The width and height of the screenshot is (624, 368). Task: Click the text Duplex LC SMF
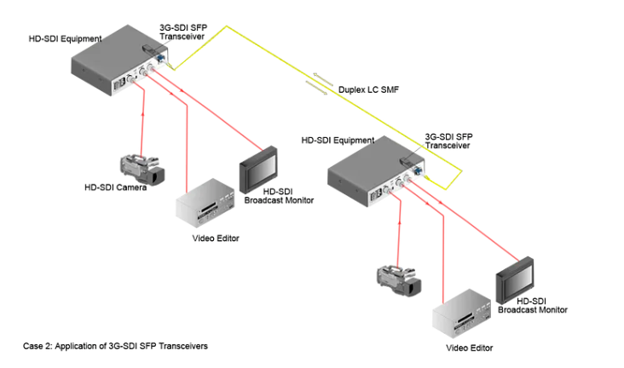[368, 89]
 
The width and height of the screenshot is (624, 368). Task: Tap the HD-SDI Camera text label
[115, 187]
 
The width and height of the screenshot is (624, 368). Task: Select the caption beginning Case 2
[115, 347]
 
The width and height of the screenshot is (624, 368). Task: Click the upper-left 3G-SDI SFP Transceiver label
[184, 32]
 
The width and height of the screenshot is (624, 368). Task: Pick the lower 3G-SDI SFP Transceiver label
[448, 141]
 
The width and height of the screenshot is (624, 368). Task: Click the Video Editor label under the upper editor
[216, 238]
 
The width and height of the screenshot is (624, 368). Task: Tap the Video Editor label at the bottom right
[470, 348]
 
